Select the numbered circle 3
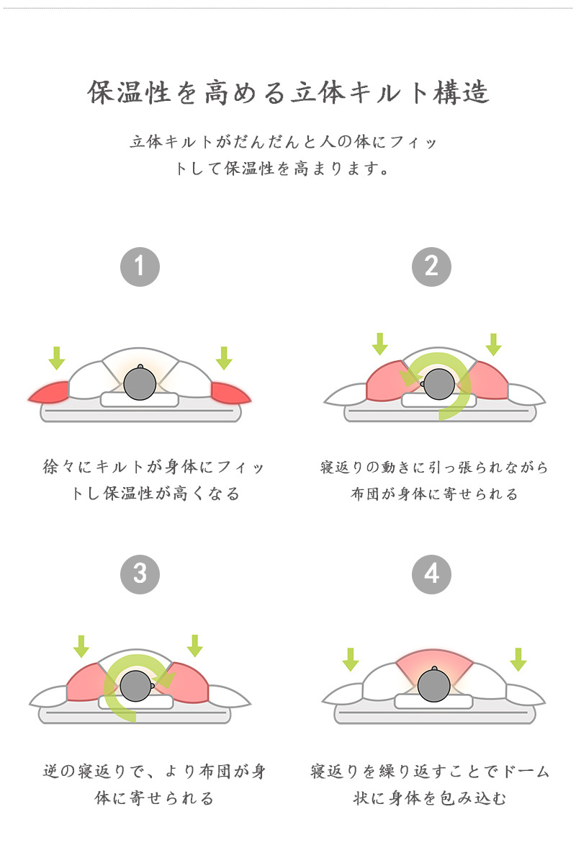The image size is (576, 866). pos(140,573)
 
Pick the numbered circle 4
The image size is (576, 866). pos(431,573)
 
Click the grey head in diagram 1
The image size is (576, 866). pos(140,383)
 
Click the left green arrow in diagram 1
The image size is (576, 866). pos(56,357)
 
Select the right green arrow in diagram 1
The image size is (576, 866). pos(224,357)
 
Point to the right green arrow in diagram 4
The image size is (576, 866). pos(518,659)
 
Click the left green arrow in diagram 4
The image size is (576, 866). pos(351,659)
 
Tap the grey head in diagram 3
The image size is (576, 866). pos(135,686)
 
